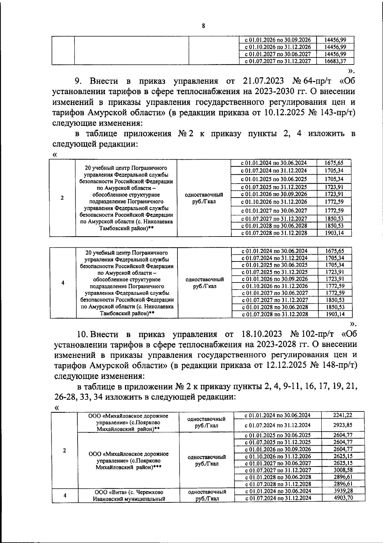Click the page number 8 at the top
pyautogui.click(x=203, y=26)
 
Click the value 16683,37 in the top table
pyautogui.click(x=335, y=61)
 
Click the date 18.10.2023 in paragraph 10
pyautogui.click(x=260, y=334)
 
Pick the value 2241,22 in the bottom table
pyautogui.click(x=342, y=415)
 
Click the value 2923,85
pyautogui.click(x=342, y=425)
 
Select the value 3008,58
pyautogui.click(x=342, y=470)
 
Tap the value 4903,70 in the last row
pyautogui.click(x=343, y=498)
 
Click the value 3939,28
pyautogui.click(x=342, y=491)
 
